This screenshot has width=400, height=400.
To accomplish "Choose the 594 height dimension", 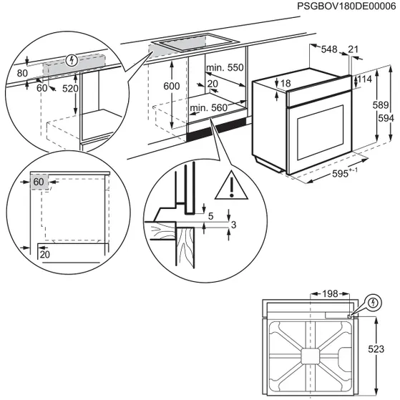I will click(x=385, y=118).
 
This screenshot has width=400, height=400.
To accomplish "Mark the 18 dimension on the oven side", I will click(x=286, y=84).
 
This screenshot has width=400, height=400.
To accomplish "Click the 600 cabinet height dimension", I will click(x=171, y=85).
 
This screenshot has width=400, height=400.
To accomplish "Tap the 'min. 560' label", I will click(x=208, y=108).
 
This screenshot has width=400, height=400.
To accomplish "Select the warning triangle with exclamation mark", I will click(x=231, y=185).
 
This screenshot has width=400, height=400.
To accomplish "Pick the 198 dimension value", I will click(x=328, y=294).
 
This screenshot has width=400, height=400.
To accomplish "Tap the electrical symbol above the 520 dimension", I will click(x=69, y=61).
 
